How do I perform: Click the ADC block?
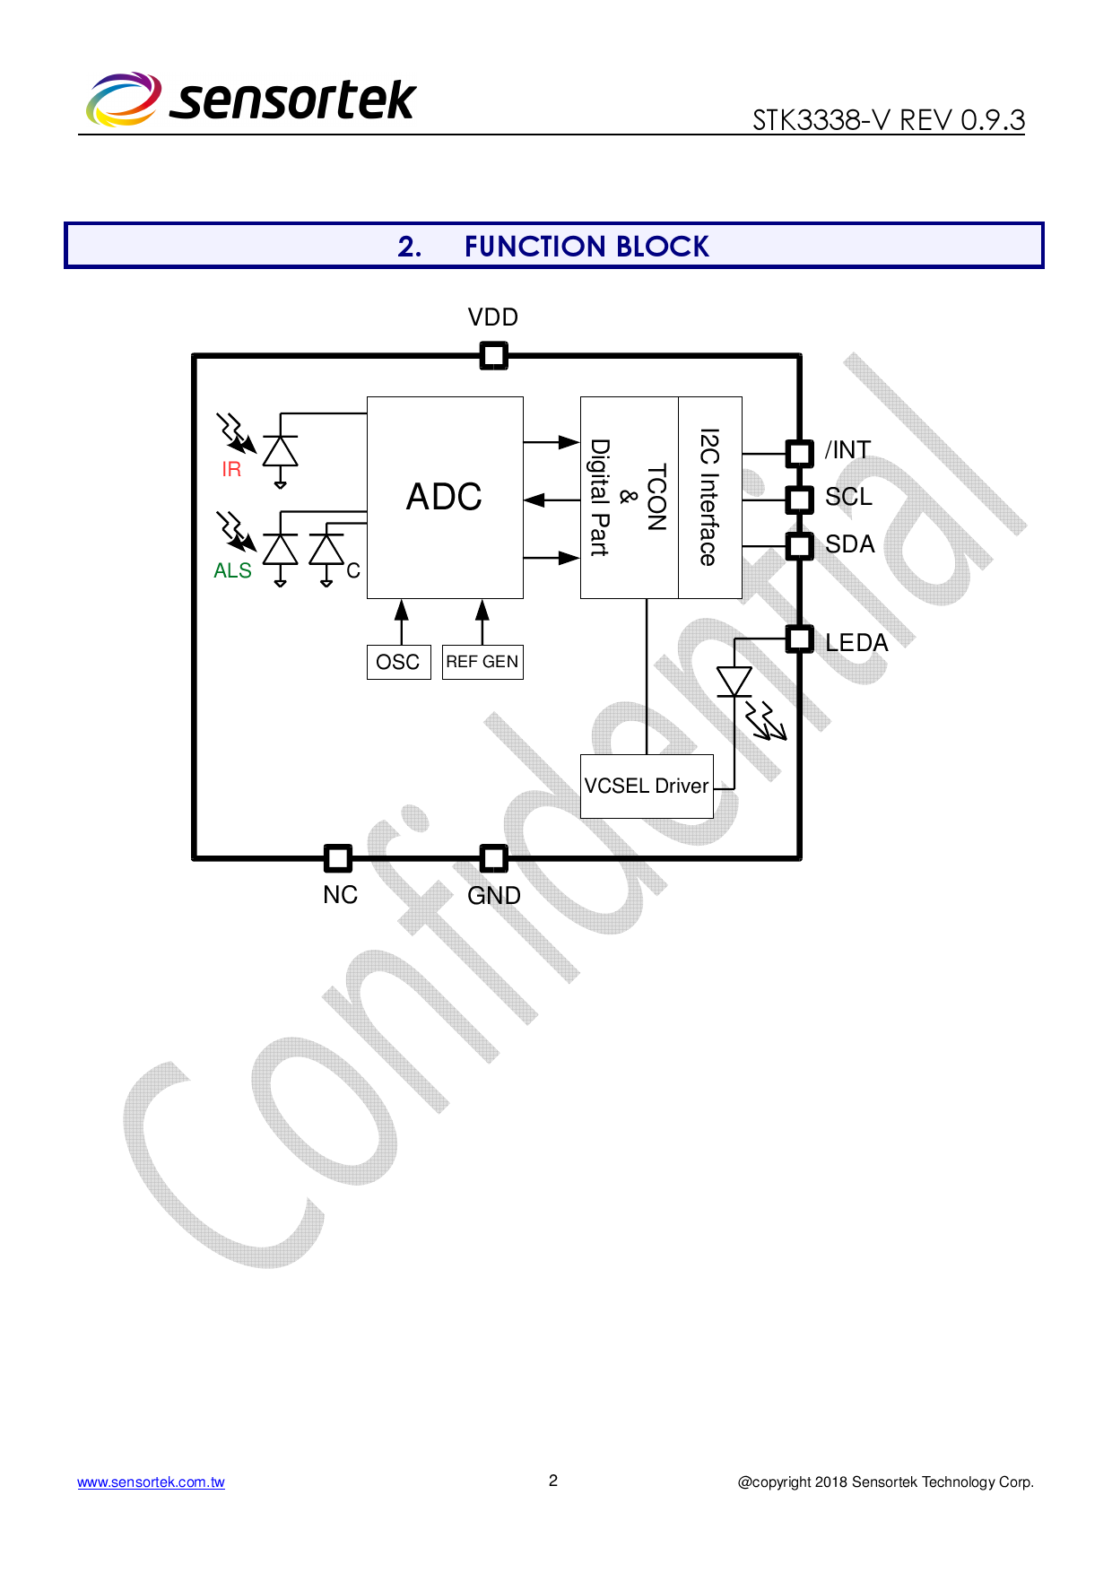coord(445,497)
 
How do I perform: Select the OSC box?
coord(398,662)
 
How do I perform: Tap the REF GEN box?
coord(482,662)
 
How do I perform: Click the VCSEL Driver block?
coord(647,786)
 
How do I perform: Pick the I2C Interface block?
coord(709,497)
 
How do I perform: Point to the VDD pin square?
coord(493,356)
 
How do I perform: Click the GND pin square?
coord(493,858)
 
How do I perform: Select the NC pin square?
coord(338,858)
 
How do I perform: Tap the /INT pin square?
coord(799,453)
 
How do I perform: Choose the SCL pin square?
coord(799,499)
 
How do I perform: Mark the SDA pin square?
coord(799,545)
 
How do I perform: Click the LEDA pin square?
coord(799,639)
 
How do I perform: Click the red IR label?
coord(231,469)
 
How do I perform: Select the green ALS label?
coord(232,570)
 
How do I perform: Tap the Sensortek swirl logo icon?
coord(124,99)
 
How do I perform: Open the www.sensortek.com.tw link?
coord(151,1482)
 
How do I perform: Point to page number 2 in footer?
coord(553,1480)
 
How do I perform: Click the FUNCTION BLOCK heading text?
coord(586,246)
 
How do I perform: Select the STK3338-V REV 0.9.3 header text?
coord(888,119)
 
